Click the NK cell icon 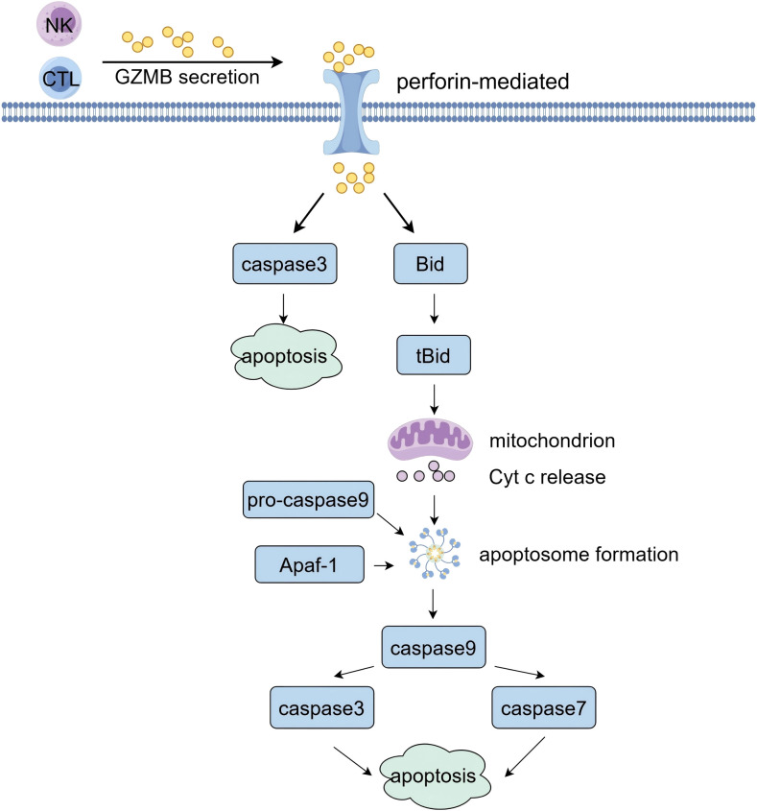pyautogui.click(x=59, y=24)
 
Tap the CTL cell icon pyautogui.click(x=61, y=78)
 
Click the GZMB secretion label pyautogui.click(x=187, y=77)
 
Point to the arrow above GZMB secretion pyautogui.click(x=193, y=62)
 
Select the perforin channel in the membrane pyautogui.click(x=351, y=111)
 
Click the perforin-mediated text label pyautogui.click(x=483, y=82)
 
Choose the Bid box pyautogui.click(x=431, y=264)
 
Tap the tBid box pyautogui.click(x=434, y=355)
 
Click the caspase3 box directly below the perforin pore pyautogui.click(x=284, y=264)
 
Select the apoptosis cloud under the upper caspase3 pyautogui.click(x=286, y=356)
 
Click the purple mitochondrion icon pyautogui.click(x=430, y=440)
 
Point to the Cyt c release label pyautogui.click(x=548, y=477)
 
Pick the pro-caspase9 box pyautogui.click(x=308, y=500)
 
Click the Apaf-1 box pyautogui.click(x=309, y=564)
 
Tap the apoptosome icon pyautogui.click(x=435, y=554)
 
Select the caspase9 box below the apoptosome pyautogui.click(x=434, y=648)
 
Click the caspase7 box pyautogui.click(x=543, y=707)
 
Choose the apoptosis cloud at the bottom pyautogui.click(x=435, y=776)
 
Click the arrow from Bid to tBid pyautogui.click(x=434, y=309)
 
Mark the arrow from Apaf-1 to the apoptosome pyautogui.click(x=384, y=566)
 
